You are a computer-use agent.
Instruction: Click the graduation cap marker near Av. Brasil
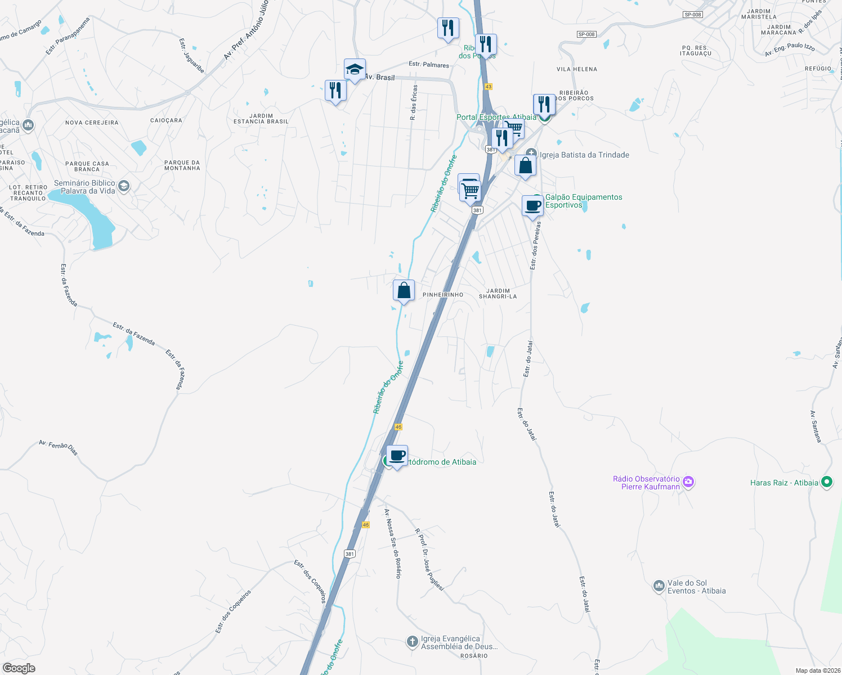tap(355, 70)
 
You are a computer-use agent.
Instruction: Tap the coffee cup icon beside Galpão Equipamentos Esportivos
tap(532, 206)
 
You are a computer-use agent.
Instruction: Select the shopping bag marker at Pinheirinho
tap(404, 291)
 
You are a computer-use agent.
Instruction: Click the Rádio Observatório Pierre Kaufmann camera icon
tap(688, 482)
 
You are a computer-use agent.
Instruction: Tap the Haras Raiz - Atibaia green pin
tap(826, 482)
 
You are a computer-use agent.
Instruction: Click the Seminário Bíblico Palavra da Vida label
tap(84, 187)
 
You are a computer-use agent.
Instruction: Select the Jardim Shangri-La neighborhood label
tap(498, 294)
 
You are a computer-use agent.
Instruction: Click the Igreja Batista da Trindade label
tap(584, 155)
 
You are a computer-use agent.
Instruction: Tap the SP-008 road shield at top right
tap(693, 15)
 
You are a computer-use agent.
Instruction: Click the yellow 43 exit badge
tap(488, 87)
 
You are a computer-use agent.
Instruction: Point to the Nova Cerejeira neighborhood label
tap(92, 123)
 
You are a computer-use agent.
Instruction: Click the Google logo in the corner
tap(19, 668)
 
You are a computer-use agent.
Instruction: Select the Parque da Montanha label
tap(182, 165)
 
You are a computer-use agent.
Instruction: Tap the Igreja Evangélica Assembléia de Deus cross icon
tap(413, 641)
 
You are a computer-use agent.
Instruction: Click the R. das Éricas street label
tap(414, 102)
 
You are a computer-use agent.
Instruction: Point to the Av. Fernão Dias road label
tap(58, 447)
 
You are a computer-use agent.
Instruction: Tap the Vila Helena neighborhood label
tap(577, 69)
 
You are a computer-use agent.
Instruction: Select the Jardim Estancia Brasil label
tap(261, 119)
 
